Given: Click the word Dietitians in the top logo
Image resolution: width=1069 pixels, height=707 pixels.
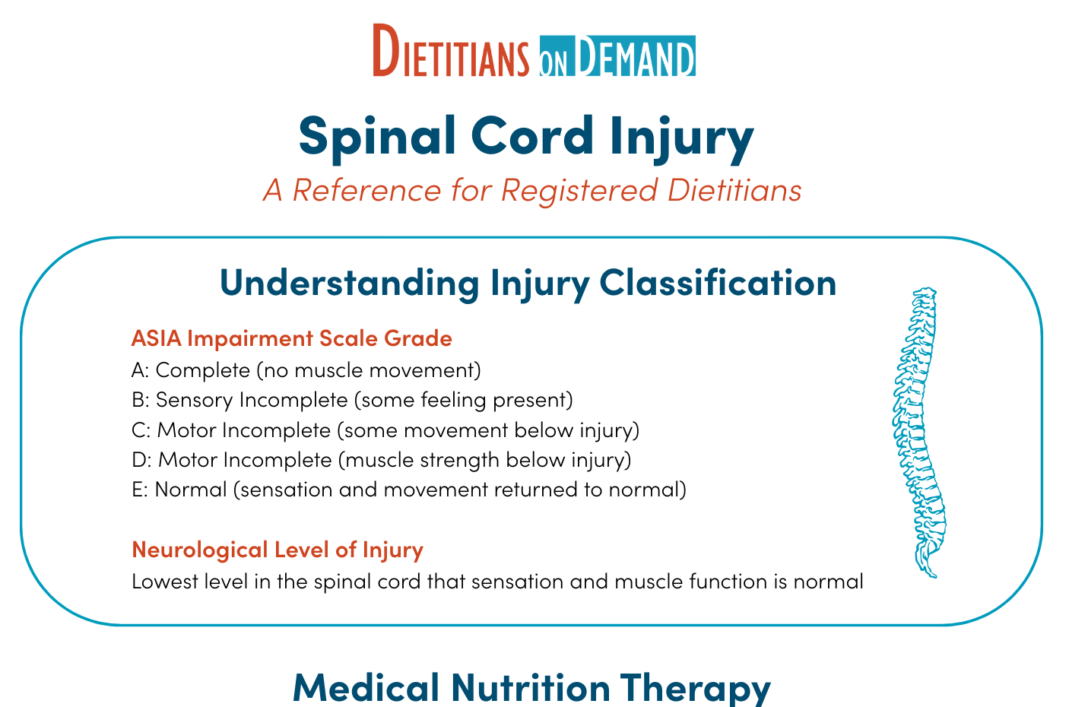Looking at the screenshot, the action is pos(451,50).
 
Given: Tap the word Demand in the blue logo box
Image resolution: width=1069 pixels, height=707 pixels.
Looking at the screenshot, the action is pos(634,56).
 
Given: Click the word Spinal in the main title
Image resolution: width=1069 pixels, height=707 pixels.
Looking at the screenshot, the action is pos(377,138).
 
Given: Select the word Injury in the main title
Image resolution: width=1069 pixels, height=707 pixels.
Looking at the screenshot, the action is pos(681,138).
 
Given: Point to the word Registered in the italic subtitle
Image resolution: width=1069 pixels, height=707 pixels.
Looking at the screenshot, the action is pos(579,191).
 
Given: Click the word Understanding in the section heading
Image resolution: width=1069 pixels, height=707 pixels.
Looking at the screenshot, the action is pos(349,283).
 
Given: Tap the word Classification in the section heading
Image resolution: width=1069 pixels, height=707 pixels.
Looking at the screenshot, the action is pos(718,283).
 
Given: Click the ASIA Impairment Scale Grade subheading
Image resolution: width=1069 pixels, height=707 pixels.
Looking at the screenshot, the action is pos(292,338).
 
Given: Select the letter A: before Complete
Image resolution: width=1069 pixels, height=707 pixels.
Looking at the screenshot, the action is pos(141,370).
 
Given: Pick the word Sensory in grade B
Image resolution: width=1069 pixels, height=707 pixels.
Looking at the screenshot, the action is pos(194,401).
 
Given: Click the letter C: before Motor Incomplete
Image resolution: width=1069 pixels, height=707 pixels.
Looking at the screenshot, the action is pos(141,430).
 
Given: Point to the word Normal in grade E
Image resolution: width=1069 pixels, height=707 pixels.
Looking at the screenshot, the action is pos(191,490).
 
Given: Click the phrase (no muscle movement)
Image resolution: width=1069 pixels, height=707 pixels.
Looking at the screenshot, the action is pos(369,371).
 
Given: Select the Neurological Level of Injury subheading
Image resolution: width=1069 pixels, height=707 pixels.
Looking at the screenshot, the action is pos(278,550).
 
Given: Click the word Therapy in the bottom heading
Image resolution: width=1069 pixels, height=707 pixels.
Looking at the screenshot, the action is pos(696,690).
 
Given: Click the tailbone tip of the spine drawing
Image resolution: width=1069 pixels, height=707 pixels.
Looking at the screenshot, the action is pos(934,576).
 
